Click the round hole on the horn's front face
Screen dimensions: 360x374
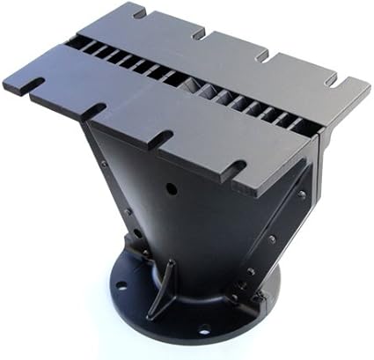click(171, 187)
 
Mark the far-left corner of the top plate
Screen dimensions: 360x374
click(4, 80)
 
